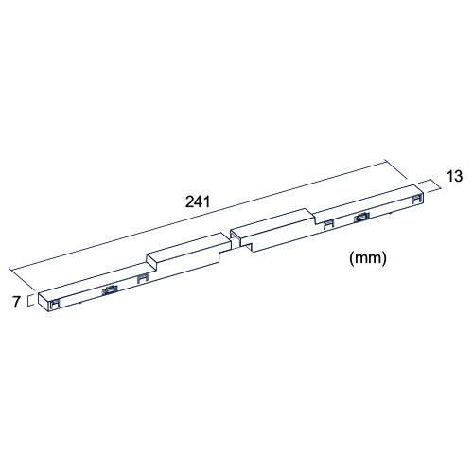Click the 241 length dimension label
(x=198, y=201)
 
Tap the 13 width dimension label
(x=454, y=176)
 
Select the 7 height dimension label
(x=16, y=302)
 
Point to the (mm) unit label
(x=368, y=258)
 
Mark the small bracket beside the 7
(x=29, y=300)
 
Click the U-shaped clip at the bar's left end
(x=55, y=304)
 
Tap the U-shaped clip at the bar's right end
(x=417, y=199)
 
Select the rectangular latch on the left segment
(x=110, y=289)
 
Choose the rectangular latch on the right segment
(x=361, y=217)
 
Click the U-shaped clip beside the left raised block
(x=143, y=279)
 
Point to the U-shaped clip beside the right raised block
(x=329, y=224)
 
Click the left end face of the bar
(x=44, y=303)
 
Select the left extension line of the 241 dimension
(x=22, y=279)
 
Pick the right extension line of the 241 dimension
(x=396, y=170)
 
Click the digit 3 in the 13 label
(x=458, y=176)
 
